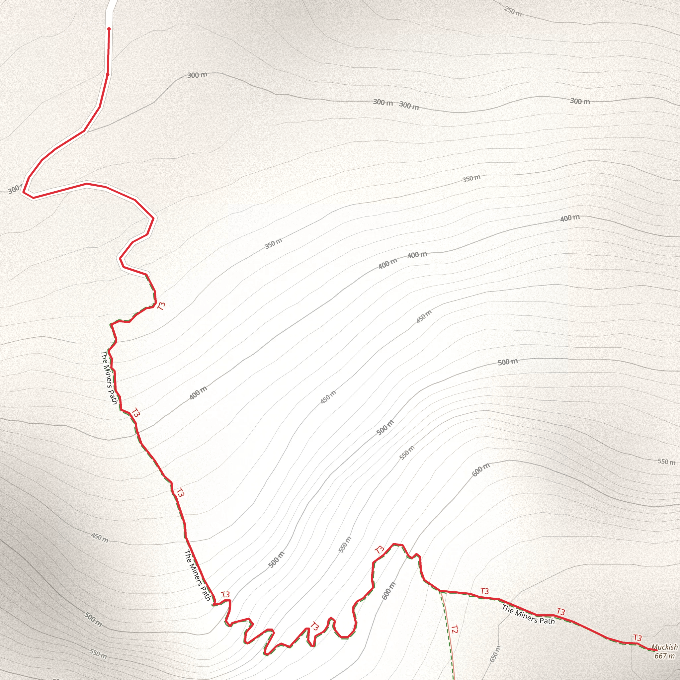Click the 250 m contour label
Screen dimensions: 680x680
[513, 11]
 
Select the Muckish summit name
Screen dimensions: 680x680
[664, 647]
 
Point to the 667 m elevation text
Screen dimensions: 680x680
[664, 656]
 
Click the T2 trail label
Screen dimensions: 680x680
[455, 629]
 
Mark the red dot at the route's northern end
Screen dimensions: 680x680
[109, 29]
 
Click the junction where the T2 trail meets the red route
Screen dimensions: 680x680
[440, 591]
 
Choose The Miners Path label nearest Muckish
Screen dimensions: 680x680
[528, 614]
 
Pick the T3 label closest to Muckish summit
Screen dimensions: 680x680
[637, 638]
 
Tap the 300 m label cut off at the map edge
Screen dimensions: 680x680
[14, 189]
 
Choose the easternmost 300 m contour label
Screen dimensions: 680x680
[580, 101]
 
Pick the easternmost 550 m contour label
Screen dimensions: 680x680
[666, 462]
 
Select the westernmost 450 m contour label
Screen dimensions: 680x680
[100, 538]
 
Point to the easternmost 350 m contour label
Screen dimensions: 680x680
[471, 178]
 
